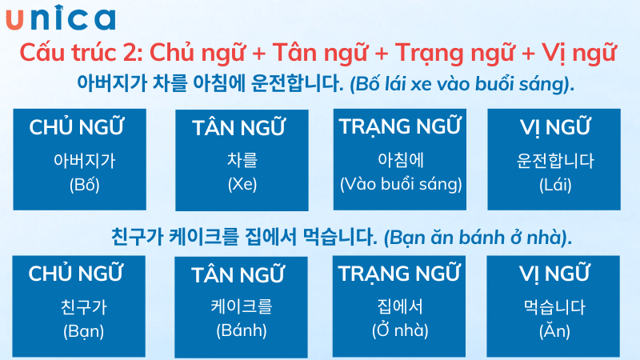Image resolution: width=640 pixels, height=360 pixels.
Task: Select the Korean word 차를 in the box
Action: (242, 161)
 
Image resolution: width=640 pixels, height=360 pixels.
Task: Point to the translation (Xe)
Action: (242, 185)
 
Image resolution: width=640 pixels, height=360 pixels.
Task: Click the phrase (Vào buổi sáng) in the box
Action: (401, 185)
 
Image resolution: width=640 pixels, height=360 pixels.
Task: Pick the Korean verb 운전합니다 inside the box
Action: (555, 161)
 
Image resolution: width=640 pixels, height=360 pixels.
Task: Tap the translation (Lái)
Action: (555, 185)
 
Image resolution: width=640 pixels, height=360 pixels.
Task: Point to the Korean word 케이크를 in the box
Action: (242, 306)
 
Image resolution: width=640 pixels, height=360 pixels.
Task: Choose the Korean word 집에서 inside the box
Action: (401, 306)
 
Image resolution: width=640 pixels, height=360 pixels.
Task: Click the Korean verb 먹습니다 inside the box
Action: (555, 306)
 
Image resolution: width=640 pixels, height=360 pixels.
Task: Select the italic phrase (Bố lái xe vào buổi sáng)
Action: (462, 83)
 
